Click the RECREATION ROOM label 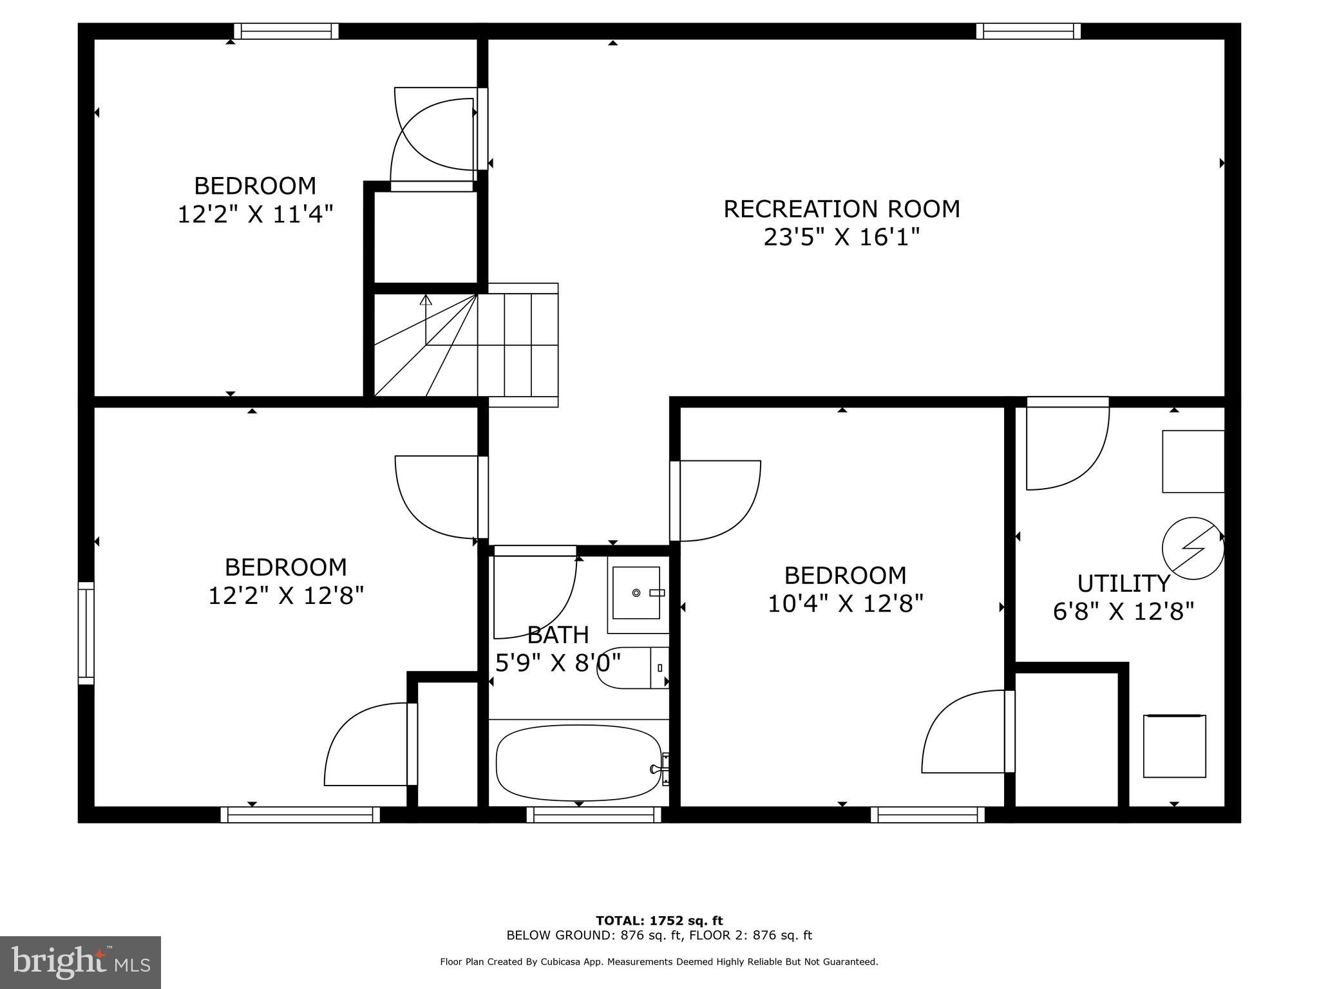[841, 209]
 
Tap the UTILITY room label [1123, 583]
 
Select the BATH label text [558, 635]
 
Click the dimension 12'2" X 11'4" [255, 214]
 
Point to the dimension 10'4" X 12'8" [845, 604]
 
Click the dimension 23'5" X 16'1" [841, 238]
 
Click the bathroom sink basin [636, 592]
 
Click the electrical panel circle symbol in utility [1192, 548]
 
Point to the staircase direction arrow [426, 300]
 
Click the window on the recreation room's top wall [1028, 31]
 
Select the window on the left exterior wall [86, 633]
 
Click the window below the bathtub [594, 815]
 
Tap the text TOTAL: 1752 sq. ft [659, 921]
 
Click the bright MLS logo [81, 962]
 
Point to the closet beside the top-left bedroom [426, 237]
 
